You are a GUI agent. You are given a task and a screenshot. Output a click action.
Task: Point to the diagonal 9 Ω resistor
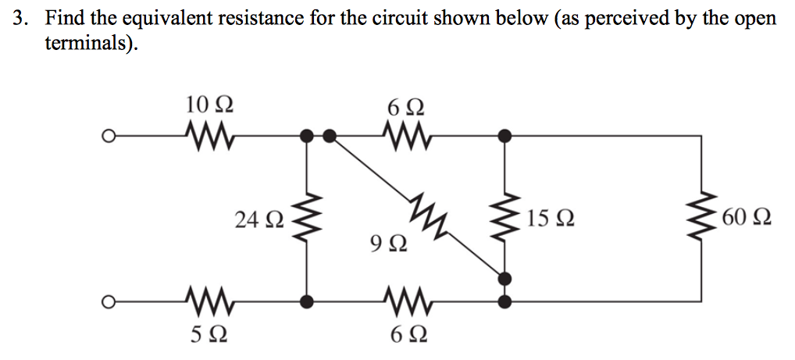tap(426, 217)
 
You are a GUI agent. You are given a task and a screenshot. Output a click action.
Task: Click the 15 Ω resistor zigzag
tap(507, 217)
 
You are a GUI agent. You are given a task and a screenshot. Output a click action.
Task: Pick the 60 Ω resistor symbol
tap(701, 217)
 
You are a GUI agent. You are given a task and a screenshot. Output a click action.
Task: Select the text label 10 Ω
tap(209, 104)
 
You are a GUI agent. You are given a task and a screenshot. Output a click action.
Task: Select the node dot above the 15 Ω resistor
tap(507, 137)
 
